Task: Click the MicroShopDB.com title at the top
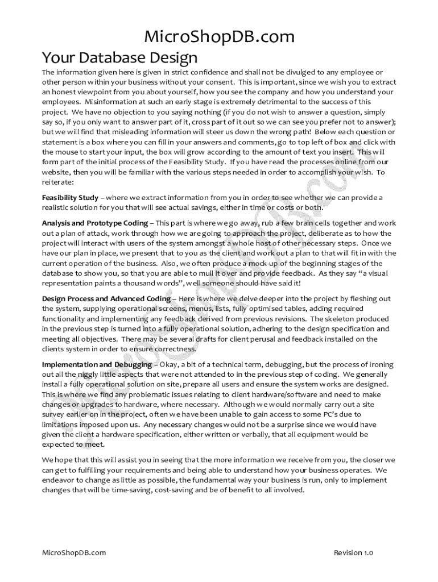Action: (219, 38)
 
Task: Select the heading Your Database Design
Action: (119, 57)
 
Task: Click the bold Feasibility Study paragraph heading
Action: (70, 197)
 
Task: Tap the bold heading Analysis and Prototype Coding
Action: (94, 223)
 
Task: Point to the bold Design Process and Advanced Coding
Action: (106, 298)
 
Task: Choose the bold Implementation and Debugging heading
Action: (97, 364)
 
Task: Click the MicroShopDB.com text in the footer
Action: (74, 552)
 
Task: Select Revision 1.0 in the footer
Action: (353, 552)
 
